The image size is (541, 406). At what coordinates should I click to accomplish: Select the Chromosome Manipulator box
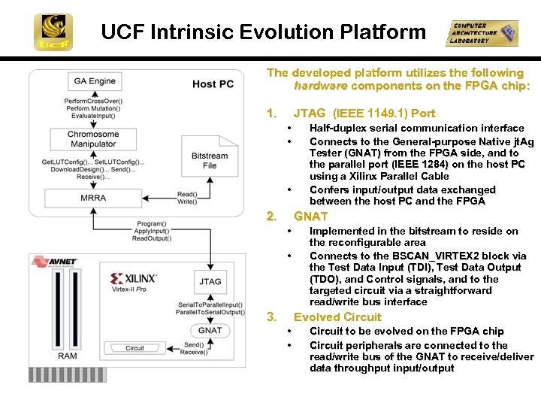92,139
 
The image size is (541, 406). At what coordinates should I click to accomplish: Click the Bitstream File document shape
210,159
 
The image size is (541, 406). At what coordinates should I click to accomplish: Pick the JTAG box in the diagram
210,282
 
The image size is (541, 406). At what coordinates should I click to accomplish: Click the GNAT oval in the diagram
210,330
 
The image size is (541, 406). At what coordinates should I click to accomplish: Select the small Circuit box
135,348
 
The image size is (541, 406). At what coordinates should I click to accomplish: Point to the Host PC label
213,84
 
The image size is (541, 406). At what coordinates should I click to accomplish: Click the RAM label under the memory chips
67,356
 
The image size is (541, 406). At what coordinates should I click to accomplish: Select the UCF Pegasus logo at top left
53,32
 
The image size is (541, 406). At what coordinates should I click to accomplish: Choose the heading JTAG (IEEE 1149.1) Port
364,113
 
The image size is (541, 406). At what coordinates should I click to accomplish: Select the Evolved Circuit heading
337,317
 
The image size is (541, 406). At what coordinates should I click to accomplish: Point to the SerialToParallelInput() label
210,304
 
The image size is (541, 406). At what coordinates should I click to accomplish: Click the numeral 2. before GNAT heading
271,216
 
